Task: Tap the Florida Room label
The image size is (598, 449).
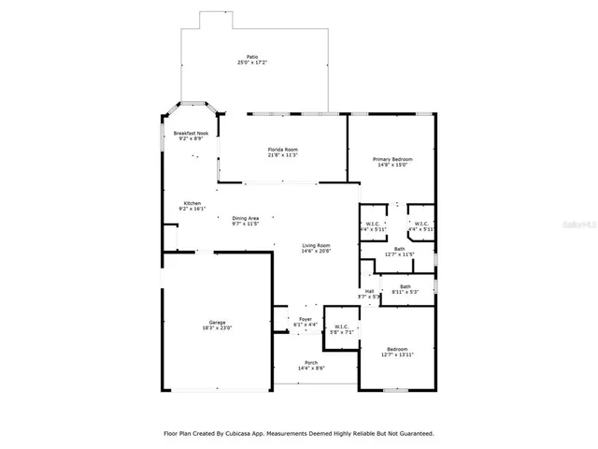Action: pyautogui.click(x=282, y=150)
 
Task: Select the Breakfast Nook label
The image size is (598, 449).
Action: pyautogui.click(x=191, y=134)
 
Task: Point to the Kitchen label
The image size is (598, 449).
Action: pyautogui.click(x=192, y=204)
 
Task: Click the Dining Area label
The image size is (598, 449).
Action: pyautogui.click(x=246, y=218)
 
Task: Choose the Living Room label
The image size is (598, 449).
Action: pyautogui.click(x=316, y=246)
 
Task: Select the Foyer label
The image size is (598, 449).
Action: pyautogui.click(x=306, y=319)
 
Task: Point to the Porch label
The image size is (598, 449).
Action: pyautogui.click(x=311, y=363)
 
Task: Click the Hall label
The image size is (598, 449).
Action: pyautogui.click(x=369, y=291)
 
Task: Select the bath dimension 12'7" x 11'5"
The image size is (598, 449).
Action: pyautogui.click(x=399, y=254)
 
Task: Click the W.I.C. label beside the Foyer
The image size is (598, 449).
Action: pyautogui.click(x=341, y=326)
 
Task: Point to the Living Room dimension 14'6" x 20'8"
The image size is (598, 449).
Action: pyautogui.click(x=316, y=252)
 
